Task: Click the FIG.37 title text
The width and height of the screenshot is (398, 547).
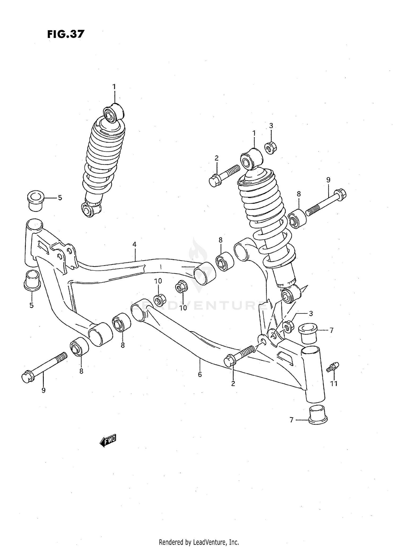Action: [66, 34]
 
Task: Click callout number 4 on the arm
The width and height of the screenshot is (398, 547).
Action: [135, 244]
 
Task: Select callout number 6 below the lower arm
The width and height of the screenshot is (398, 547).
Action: [200, 374]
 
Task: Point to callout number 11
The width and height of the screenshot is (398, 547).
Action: [334, 383]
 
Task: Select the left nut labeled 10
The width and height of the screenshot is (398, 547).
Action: [160, 300]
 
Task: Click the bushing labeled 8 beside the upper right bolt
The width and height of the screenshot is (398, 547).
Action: [297, 218]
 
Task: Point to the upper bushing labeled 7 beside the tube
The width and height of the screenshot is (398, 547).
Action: [308, 333]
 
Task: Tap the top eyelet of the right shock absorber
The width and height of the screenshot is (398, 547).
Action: [251, 159]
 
